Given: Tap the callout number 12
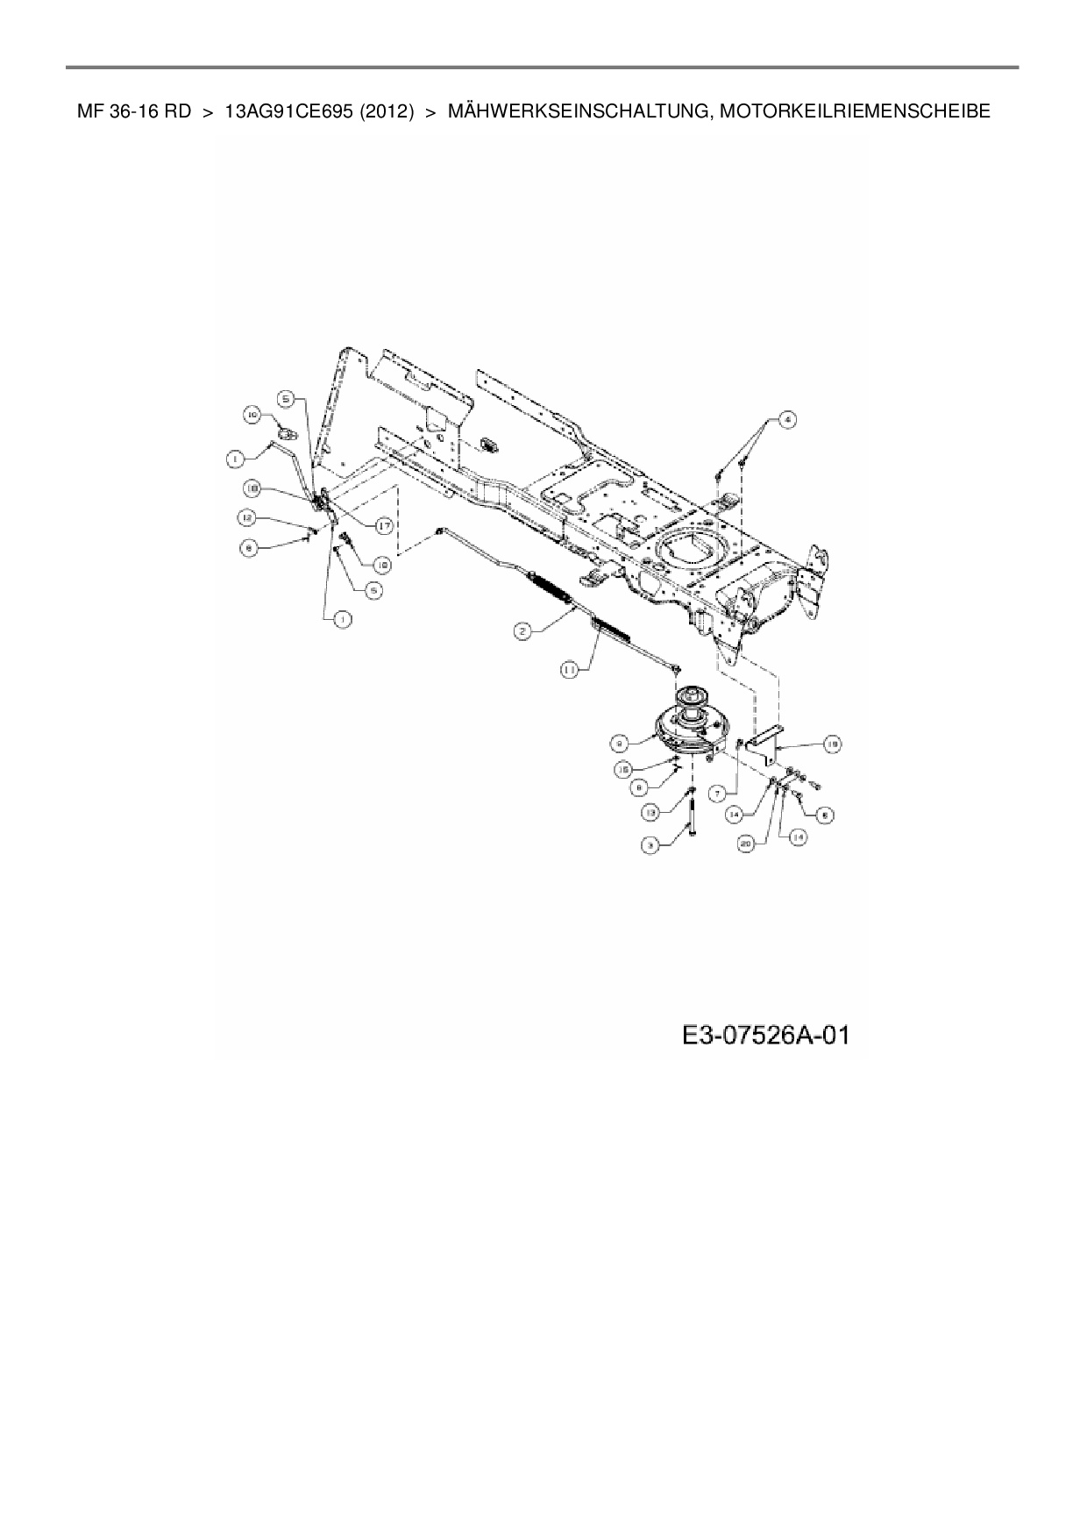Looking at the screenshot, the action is click(x=247, y=518).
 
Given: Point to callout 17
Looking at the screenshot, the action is click(x=383, y=525).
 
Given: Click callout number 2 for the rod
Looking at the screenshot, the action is click(x=522, y=630).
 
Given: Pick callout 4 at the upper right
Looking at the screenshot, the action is click(x=786, y=420).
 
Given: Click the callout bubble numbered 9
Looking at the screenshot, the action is click(x=619, y=742).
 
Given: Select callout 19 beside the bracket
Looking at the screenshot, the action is click(x=832, y=744).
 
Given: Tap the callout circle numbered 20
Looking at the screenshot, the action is click(x=746, y=843).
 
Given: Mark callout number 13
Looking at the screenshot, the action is click(x=650, y=813).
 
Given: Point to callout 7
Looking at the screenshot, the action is click(x=716, y=793).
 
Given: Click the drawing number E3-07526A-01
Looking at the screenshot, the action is click(x=766, y=1036).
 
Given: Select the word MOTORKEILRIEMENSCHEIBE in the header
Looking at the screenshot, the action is click(x=850, y=111).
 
